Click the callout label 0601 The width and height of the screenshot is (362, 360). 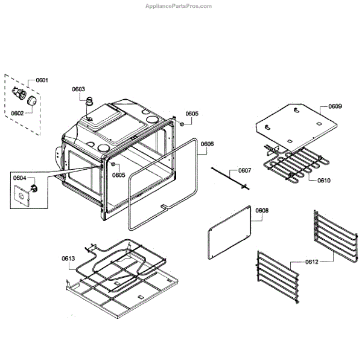[x=42, y=80]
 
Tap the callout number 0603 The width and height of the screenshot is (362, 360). [x=78, y=89]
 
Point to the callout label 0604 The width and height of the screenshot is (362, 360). [x=19, y=178]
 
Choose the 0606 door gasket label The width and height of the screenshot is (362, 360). [x=206, y=144]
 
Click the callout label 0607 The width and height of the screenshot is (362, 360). [x=244, y=170]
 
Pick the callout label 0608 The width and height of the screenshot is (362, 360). [x=262, y=211]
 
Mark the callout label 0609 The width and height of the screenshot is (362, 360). [x=335, y=106]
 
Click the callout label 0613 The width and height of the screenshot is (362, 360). [x=68, y=259]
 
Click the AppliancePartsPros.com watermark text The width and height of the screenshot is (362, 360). [x=180, y=6]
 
